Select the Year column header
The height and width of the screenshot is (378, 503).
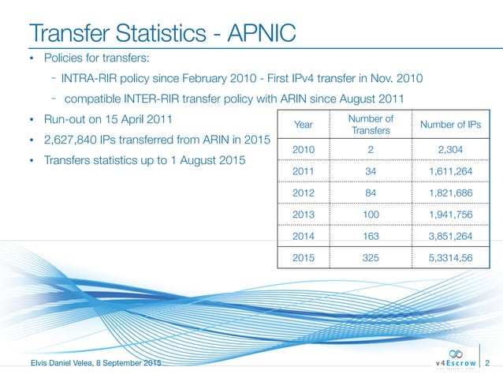coord(303,125)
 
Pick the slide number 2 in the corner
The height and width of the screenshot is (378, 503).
coord(489,363)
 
